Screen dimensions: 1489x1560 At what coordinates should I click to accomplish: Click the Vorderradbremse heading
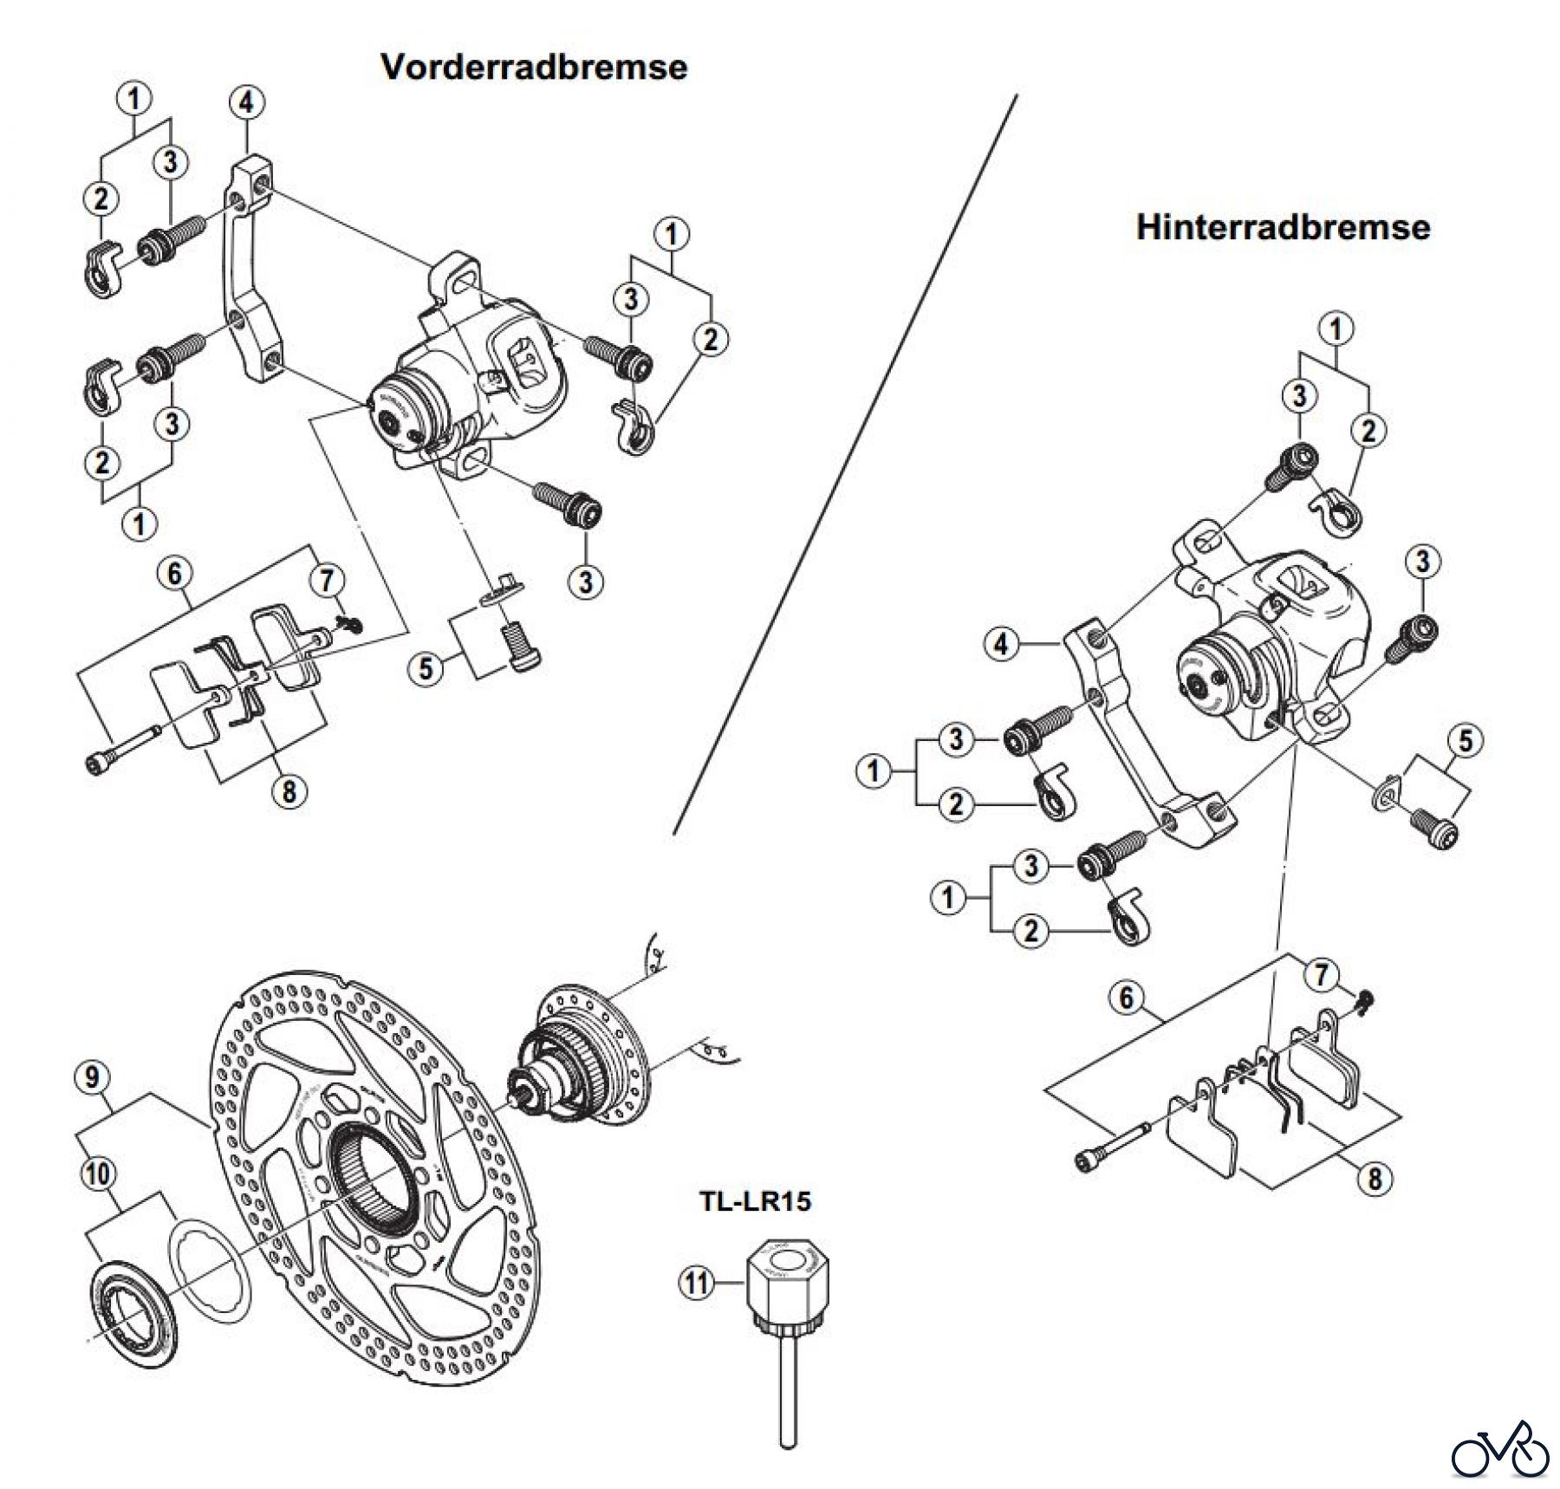pyautogui.click(x=534, y=68)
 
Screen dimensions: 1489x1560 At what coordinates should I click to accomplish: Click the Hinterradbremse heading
pyautogui.click(x=1283, y=227)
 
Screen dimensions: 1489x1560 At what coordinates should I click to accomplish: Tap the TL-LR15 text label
pyautogui.click(x=755, y=1201)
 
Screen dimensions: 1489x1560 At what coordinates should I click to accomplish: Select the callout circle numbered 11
pyautogui.click(x=695, y=1283)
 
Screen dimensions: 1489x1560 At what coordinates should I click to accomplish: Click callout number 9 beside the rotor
pyautogui.click(x=93, y=1077)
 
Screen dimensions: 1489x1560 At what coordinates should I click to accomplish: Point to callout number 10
pyautogui.click(x=97, y=1174)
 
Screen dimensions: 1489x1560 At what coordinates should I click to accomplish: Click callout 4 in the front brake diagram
pyautogui.click(x=246, y=102)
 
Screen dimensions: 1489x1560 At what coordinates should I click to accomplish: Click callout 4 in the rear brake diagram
pyautogui.click(x=1002, y=644)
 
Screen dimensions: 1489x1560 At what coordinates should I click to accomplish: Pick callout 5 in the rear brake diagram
pyautogui.click(x=1465, y=741)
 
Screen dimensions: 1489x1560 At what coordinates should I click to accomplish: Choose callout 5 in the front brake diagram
pyautogui.click(x=426, y=669)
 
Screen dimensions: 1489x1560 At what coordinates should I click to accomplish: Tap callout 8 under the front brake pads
pyautogui.click(x=289, y=790)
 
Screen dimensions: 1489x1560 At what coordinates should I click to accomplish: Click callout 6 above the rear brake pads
pyautogui.click(x=1126, y=998)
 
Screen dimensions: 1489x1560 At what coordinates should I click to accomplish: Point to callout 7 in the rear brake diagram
pyautogui.click(x=1320, y=975)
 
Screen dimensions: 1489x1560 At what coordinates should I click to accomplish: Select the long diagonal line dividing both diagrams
pyautogui.click(x=845, y=464)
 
